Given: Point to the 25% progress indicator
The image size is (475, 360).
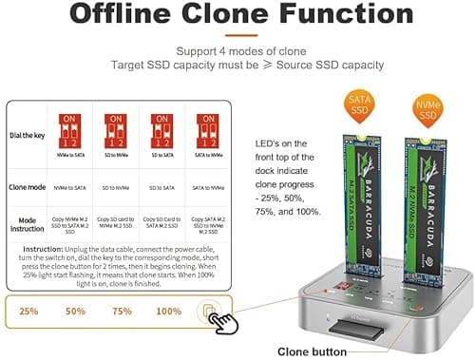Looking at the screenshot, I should tap(28, 311).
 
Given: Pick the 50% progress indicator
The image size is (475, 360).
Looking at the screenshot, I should tap(75, 311).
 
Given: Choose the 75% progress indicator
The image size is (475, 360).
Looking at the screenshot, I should tap(122, 311).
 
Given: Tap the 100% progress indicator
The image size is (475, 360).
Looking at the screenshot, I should tap(168, 311).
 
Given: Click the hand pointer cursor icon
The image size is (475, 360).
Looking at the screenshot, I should tap(226, 324).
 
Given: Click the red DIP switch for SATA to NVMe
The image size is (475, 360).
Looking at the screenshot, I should tap(202, 129).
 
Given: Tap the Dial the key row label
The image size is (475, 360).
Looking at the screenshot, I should tap(28, 136).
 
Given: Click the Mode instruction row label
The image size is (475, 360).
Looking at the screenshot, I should tap(28, 224).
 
